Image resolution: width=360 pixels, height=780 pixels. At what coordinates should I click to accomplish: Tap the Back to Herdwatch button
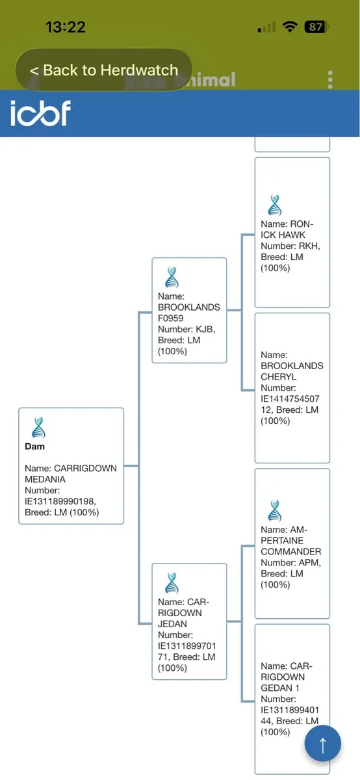click(x=104, y=70)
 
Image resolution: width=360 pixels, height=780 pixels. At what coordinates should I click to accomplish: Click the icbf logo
click(x=40, y=113)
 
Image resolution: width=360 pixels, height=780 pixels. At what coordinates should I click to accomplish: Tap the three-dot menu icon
click(x=330, y=80)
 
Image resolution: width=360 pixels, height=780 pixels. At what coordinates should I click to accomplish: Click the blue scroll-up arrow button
click(x=323, y=743)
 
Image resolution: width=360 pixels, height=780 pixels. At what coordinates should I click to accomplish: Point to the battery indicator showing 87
click(x=316, y=27)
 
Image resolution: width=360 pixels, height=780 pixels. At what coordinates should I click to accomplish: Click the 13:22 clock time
click(x=66, y=27)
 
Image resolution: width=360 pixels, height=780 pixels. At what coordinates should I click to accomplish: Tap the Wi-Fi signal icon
click(x=290, y=27)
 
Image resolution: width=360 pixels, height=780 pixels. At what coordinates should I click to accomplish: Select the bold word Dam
click(x=34, y=447)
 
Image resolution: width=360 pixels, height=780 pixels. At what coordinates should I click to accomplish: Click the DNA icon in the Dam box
click(x=38, y=427)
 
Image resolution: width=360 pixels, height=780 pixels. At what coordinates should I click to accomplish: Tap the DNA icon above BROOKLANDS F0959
click(x=172, y=277)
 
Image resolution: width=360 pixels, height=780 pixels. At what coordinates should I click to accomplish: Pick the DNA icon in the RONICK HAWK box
click(x=275, y=205)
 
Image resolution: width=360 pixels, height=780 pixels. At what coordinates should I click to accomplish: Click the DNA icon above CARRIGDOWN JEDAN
click(x=172, y=583)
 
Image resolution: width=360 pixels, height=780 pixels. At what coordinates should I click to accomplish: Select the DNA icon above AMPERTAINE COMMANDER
click(x=275, y=510)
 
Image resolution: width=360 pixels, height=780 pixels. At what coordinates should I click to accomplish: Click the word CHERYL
click(x=279, y=377)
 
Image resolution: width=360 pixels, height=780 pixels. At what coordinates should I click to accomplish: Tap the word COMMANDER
click(x=291, y=552)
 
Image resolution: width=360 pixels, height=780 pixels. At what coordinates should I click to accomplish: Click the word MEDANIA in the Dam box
click(x=45, y=479)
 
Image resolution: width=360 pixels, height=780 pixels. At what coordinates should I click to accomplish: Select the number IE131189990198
click(x=60, y=501)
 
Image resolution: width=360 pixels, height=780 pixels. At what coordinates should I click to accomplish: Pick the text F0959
click(x=171, y=318)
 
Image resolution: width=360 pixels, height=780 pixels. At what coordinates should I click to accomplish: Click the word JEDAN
click(x=172, y=623)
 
